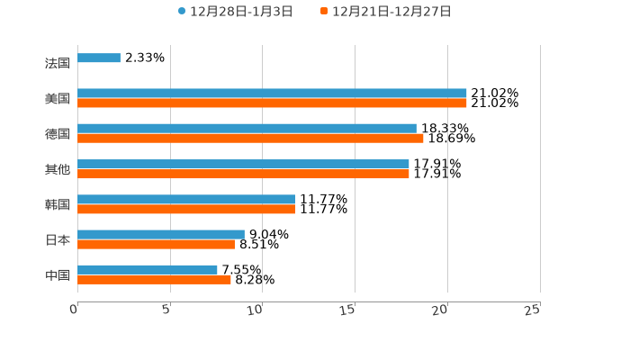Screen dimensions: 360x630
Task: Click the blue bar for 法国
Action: [99, 58]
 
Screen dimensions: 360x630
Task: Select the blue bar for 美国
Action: [272, 94]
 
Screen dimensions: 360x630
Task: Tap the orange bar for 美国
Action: [272, 103]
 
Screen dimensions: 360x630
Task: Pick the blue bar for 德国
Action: [247, 129]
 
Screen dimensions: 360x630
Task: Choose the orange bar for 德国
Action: [250, 139]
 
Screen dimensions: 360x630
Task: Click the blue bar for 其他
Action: [243, 165]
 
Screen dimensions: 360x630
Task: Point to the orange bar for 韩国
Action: [186, 210]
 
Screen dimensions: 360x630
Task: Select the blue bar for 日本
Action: [161, 235]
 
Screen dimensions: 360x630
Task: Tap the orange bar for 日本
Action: [156, 245]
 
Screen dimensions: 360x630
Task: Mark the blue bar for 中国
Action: [148, 270]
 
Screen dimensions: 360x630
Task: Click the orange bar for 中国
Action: [154, 280]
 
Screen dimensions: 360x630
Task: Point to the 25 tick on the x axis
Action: [533, 310]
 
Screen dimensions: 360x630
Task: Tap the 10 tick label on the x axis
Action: [256, 310]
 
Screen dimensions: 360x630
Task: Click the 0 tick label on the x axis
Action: [74, 310]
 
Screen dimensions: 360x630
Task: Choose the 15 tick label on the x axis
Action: [348, 310]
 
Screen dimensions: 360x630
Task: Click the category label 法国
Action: [58, 64]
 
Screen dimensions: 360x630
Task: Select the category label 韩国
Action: [58, 205]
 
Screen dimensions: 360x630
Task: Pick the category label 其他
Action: [58, 169]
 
